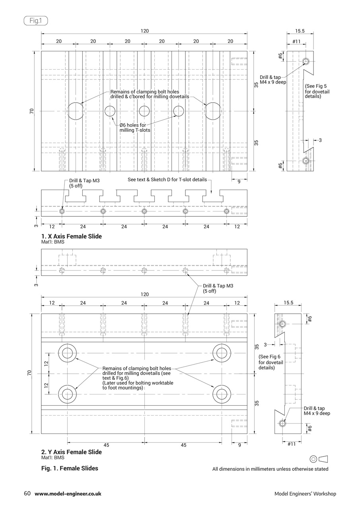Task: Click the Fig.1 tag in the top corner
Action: (35, 21)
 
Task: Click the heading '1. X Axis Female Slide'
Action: (72, 236)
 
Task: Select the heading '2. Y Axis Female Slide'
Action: (72, 452)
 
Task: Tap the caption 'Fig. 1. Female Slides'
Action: (70, 468)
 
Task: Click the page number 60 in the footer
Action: (27, 493)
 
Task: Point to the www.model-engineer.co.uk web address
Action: (68, 493)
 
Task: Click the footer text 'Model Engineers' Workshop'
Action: (305, 493)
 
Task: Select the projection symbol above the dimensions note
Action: (318, 458)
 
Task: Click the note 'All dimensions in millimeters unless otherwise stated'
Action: (270, 469)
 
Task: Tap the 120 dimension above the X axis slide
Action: (144, 31)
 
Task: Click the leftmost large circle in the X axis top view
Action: (75, 111)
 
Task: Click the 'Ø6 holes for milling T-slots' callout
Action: (135, 127)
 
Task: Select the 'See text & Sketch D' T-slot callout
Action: (167, 179)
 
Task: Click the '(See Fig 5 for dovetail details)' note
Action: (317, 91)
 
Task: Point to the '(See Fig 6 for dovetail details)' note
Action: (271, 362)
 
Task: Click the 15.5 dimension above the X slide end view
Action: (300, 31)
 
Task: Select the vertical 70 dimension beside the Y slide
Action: (29, 373)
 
